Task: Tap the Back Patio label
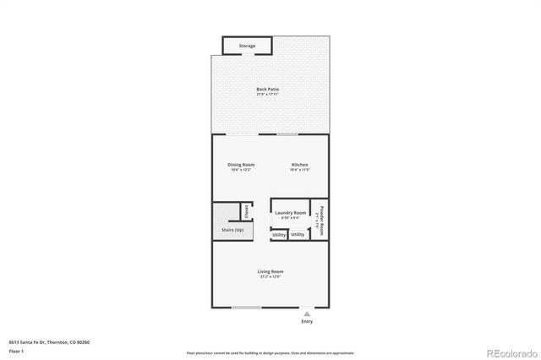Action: click(x=268, y=89)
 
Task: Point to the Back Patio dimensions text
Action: click(x=268, y=94)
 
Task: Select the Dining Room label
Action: click(x=241, y=164)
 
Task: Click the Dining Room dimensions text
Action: click(x=241, y=170)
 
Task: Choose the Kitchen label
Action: click(x=300, y=164)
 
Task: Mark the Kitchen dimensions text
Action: click(x=300, y=170)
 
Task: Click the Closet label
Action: click(x=246, y=211)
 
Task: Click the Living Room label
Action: click(x=270, y=271)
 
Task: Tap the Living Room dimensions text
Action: click(x=270, y=276)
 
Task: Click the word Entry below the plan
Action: click(x=306, y=322)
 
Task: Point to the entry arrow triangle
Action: click(x=306, y=313)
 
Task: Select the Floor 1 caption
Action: click(x=14, y=349)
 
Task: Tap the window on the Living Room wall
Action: click(x=246, y=307)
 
